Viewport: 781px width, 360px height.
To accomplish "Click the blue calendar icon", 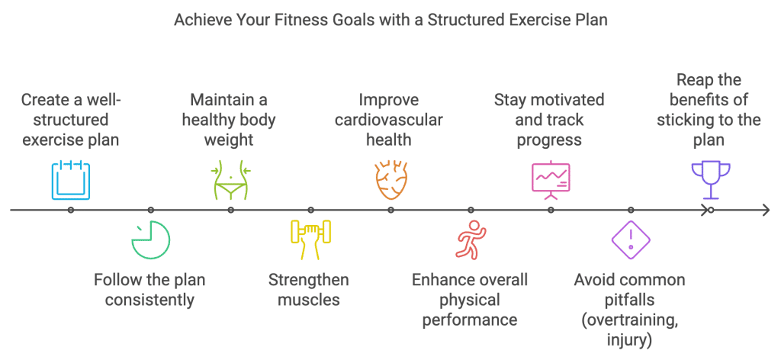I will [71, 180].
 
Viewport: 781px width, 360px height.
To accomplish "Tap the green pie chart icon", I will [150, 240].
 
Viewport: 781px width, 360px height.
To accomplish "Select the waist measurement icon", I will [230, 180].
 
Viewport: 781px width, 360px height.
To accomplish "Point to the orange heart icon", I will [390, 180].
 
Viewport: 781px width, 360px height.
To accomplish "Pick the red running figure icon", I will [471, 240].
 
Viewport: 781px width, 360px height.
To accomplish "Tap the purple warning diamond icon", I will [631, 239].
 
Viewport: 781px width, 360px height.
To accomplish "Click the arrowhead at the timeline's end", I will [765, 210].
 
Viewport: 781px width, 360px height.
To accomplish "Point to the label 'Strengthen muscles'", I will [309, 290].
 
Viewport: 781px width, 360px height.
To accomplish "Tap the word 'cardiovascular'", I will [390, 120].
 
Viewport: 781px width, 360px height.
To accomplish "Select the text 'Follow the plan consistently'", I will [149, 290].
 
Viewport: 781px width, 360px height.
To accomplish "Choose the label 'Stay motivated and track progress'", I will [549, 120].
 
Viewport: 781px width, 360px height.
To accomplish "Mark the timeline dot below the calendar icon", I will [71, 210].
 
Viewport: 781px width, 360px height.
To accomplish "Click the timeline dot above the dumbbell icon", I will [310, 210].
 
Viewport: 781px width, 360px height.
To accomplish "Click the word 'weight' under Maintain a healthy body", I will [229, 140].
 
